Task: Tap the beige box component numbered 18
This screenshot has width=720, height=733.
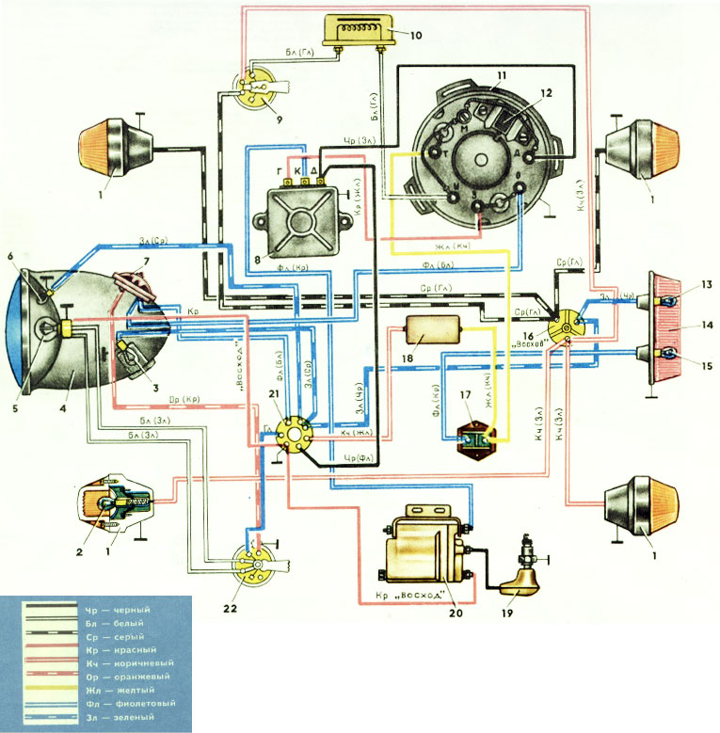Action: click(432, 331)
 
